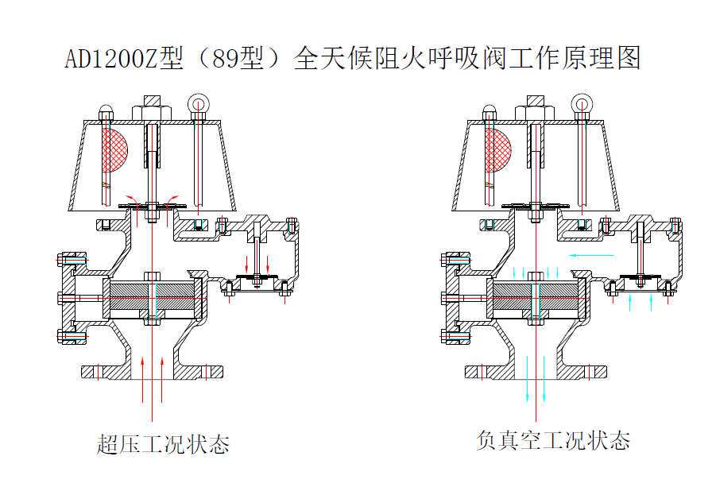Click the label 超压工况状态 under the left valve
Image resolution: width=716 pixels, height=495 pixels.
[163, 443]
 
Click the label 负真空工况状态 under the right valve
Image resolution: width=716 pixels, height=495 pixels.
[553, 439]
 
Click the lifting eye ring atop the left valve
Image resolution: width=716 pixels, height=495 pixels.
[197, 104]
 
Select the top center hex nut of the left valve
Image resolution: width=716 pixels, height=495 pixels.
[152, 110]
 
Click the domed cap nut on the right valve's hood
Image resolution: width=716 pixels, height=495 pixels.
[490, 111]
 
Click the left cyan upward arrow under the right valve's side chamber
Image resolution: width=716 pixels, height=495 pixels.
[630, 302]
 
